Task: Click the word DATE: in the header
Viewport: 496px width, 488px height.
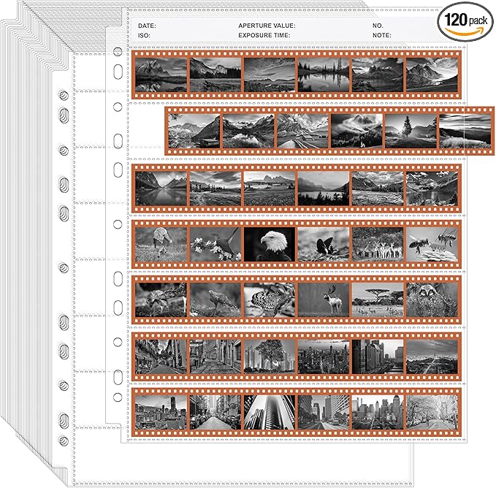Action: (147, 26)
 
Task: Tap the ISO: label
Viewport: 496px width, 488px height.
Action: (144, 35)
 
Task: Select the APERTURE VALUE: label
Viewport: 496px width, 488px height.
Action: (267, 26)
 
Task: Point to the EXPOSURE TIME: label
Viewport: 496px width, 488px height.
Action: (264, 35)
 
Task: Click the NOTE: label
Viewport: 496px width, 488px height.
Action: (382, 35)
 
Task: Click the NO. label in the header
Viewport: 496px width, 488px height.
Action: (378, 26)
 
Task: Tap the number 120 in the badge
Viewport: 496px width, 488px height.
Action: (456, 20)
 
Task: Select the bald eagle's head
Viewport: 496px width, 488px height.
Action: (273, 240)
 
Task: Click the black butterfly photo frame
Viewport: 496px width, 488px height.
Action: (324, 245)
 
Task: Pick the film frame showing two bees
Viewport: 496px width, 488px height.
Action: (432, 245)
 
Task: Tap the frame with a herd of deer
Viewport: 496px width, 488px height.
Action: (378, 245)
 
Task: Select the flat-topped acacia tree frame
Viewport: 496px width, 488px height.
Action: (378, 300)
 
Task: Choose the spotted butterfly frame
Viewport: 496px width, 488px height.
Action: (270, 300)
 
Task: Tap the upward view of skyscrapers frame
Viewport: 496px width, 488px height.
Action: (270, 412)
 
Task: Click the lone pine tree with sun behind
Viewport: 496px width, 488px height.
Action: (407, 129)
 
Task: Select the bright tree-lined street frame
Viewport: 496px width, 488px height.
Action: (432, 412)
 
